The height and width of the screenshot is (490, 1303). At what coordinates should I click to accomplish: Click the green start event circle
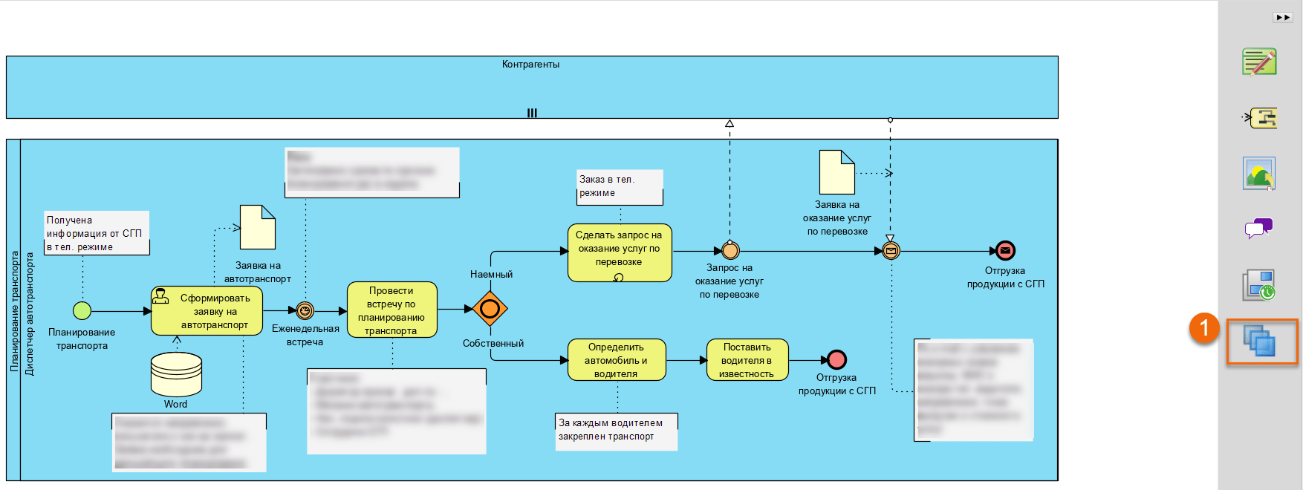point(82,310)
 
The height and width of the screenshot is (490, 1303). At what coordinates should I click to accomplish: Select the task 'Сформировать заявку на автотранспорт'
point(207,311)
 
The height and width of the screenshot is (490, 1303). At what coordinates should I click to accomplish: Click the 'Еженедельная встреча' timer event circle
point(305,311)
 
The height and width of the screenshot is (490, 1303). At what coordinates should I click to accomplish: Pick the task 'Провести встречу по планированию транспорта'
point(391,310)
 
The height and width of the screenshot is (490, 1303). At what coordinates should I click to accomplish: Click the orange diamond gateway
point(490,309)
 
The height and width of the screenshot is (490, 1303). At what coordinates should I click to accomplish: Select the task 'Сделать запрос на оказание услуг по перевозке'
point(620,252)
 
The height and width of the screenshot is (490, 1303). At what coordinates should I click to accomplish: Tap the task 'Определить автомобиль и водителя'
point(616,360)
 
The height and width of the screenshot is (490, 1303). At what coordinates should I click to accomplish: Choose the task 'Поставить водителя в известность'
point(747,360)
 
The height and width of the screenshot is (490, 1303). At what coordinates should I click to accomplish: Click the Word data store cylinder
point(176,374)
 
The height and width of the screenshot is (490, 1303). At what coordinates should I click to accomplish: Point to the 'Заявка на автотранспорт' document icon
point(258,227)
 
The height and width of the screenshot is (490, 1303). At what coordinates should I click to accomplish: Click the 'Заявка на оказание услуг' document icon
point(837,172)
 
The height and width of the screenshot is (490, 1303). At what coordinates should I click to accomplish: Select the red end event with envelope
point(1005,251)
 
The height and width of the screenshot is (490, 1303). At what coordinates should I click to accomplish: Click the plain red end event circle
point(837,360)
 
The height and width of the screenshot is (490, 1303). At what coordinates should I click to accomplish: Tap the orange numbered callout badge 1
point(1204,327)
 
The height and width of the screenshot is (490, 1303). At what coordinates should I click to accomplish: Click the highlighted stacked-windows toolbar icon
point(1261,342)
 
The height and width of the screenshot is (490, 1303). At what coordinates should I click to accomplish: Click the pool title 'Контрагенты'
point(530,65)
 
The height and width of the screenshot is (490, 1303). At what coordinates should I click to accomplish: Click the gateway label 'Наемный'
point(491,275)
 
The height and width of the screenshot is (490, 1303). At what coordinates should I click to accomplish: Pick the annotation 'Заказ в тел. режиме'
point(620,186)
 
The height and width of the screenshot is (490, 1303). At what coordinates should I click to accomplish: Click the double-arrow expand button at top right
point(1283,17)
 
